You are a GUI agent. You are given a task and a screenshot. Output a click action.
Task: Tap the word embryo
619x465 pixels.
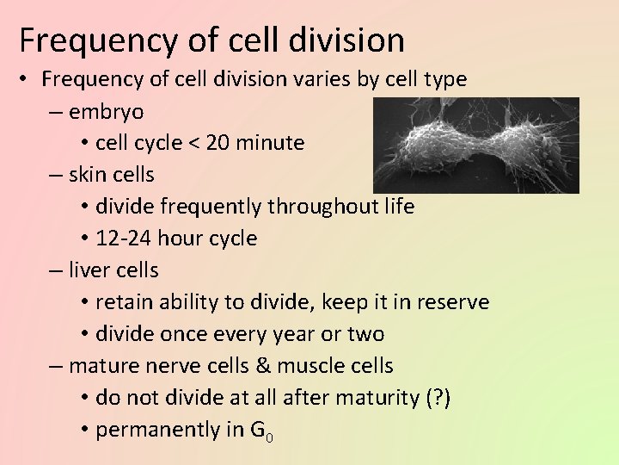point(107,112)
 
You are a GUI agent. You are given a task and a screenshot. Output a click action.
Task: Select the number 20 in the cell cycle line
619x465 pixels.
point(218,143)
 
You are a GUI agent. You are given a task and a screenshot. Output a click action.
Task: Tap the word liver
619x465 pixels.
point(89,270)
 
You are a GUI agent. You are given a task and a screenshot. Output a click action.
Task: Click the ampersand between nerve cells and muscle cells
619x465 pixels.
point(263,366)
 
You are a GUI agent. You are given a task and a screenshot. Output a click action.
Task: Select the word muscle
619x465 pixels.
point(307,366)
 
